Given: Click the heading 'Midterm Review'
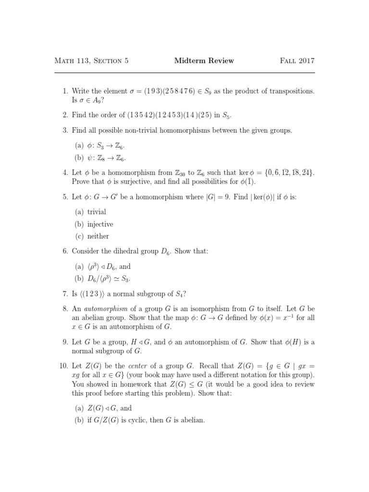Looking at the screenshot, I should point(204,61).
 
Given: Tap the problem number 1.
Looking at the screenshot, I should point(65,91).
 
